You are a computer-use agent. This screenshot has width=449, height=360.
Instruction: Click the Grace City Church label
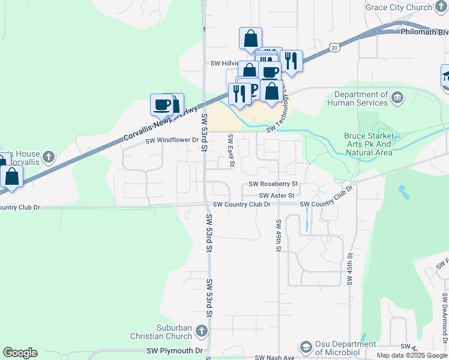pos(399,7)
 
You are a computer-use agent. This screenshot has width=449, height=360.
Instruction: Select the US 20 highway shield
pos(334,46)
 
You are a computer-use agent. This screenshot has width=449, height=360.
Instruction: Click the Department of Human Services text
pos(361,99)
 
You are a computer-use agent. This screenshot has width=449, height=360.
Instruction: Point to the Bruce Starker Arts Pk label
pos(368,144)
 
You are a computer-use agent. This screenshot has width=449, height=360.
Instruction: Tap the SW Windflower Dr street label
pos(172,140)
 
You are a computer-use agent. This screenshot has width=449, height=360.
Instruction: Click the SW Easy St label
pos(231,151)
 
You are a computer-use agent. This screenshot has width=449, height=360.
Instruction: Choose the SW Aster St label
pos(277,196)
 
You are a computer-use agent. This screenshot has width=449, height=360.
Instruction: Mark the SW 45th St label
pos(349,269)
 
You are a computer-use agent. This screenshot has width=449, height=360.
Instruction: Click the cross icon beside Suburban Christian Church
pos(202,331)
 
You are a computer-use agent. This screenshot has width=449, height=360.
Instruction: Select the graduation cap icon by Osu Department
pos(306,347)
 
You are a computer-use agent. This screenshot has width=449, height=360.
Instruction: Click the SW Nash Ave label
pos(274,357)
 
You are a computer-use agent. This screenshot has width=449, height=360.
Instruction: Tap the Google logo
pos(20,353)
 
